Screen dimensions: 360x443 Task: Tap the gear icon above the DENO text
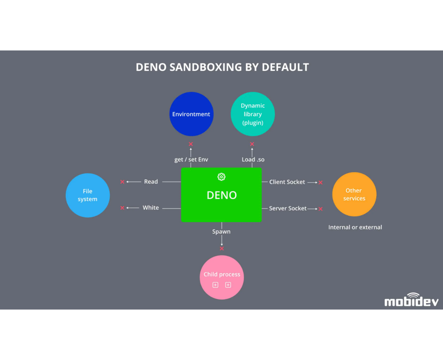(221, 177)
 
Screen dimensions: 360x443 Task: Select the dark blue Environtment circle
(191, 114)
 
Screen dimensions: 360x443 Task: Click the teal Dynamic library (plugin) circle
(253, 114)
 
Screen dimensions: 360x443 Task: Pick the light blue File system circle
(88, 195)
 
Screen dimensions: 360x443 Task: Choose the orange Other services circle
(354, 194)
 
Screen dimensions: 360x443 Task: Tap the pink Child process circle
(222, 277)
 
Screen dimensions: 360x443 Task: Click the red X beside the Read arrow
(122, 182)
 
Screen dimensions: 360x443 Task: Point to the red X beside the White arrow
(122, 208)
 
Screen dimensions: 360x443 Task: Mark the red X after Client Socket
(320, 182)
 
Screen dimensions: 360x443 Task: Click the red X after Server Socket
(320, 209)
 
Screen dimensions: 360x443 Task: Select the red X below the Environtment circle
(191, 144)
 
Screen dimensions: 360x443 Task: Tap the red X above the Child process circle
(222, 249)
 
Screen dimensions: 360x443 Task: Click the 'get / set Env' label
(191, 160)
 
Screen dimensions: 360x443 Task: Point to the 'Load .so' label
(253, 160)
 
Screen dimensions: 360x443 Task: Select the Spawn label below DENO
(221, 232)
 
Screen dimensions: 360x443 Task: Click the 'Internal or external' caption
(355, 227)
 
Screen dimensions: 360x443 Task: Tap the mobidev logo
(411, 300)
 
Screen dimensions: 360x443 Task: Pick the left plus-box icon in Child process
(215, 285)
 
